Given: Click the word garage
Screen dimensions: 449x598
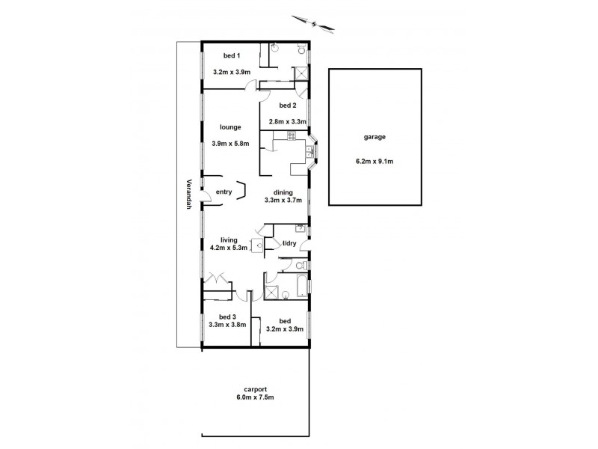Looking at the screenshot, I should pyautogui.click(x=375, y=138).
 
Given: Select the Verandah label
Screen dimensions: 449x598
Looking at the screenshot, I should pyautogui.click(x=190, y=195).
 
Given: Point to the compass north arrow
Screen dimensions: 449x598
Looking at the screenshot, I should pyautogui.click(x=314, y=22).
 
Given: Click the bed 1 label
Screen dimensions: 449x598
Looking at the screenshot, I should pyautogui.click(x=232, y=55).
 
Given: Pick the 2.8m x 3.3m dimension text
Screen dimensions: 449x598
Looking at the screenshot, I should pyautogui.click(x=283, y=120).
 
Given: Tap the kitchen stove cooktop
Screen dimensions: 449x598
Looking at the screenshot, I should pyautogui.click(x=292, y=135).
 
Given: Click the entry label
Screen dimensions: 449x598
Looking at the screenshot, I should pyautogui.click(x=224, y=192).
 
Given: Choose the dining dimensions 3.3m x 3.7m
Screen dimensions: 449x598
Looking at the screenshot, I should pyautogui.click(x=283, y=200).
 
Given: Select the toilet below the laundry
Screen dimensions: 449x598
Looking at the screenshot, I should pyautogui.click(x=300, y=266).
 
